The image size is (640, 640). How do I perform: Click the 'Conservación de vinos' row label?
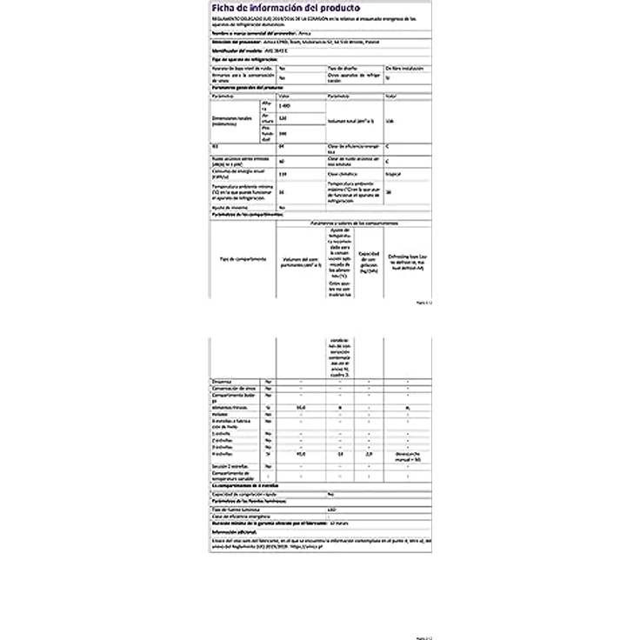point(236,390)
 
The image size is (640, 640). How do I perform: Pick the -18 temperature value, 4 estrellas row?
point(338,452)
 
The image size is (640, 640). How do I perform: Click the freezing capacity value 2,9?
point(370,452)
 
